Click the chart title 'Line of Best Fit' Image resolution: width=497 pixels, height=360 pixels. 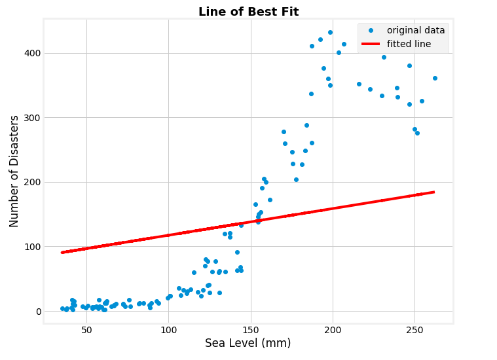pyautogui.click(x=248, y=12)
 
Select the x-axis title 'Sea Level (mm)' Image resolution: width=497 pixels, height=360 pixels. pyautogui.click(x=248, y=343)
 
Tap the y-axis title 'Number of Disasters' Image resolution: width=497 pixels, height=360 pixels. pyautogui.click(x=14, y=171)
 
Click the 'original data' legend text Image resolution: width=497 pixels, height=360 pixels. pyautogui.click(x=416, y=30)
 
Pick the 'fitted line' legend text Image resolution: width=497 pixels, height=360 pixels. pyautogui.click(x=409, y=44)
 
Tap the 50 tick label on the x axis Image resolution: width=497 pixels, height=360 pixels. pyautogui.click(x=86, y=331)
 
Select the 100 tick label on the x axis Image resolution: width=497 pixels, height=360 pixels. pyautogui.click(x=168, y=331)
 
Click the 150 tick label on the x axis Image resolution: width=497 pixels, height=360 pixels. pyautogui.click(x=251, y=331)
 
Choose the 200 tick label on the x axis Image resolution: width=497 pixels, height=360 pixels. pyautogui.click(x=333, y=331)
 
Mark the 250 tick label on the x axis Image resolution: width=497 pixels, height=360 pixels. pyautogui.click(x=414, y=331)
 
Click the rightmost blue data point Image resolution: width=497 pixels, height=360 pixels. pyautogui.click(x=435, y=78)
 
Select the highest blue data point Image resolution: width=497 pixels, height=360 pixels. pyautogui.click(x=330, y=32)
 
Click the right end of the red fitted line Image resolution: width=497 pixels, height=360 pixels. pyautogui.click(x=433, y=192)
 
